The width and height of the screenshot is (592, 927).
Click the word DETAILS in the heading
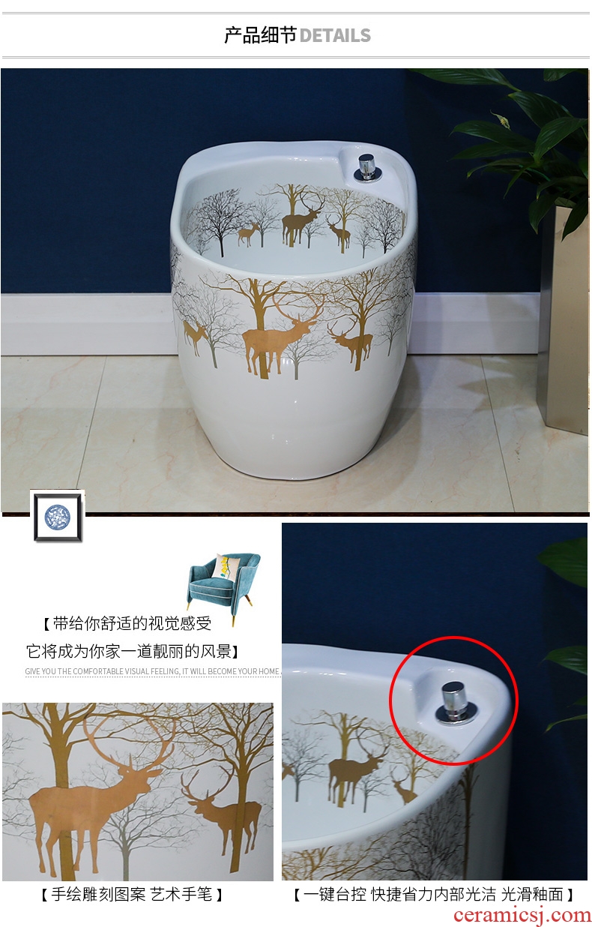pos(335,35)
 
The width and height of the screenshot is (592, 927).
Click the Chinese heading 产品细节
pos(261,35)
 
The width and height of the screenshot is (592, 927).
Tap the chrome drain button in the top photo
pos(366,167)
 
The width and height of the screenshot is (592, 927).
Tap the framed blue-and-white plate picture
pos(58,517)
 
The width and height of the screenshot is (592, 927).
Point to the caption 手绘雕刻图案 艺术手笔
pos(132,895)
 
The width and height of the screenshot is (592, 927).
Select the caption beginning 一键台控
pos(434,895)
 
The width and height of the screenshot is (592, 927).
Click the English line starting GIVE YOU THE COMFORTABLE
pos(153,671)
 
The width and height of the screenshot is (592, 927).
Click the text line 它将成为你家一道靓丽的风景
pos(133,652)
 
